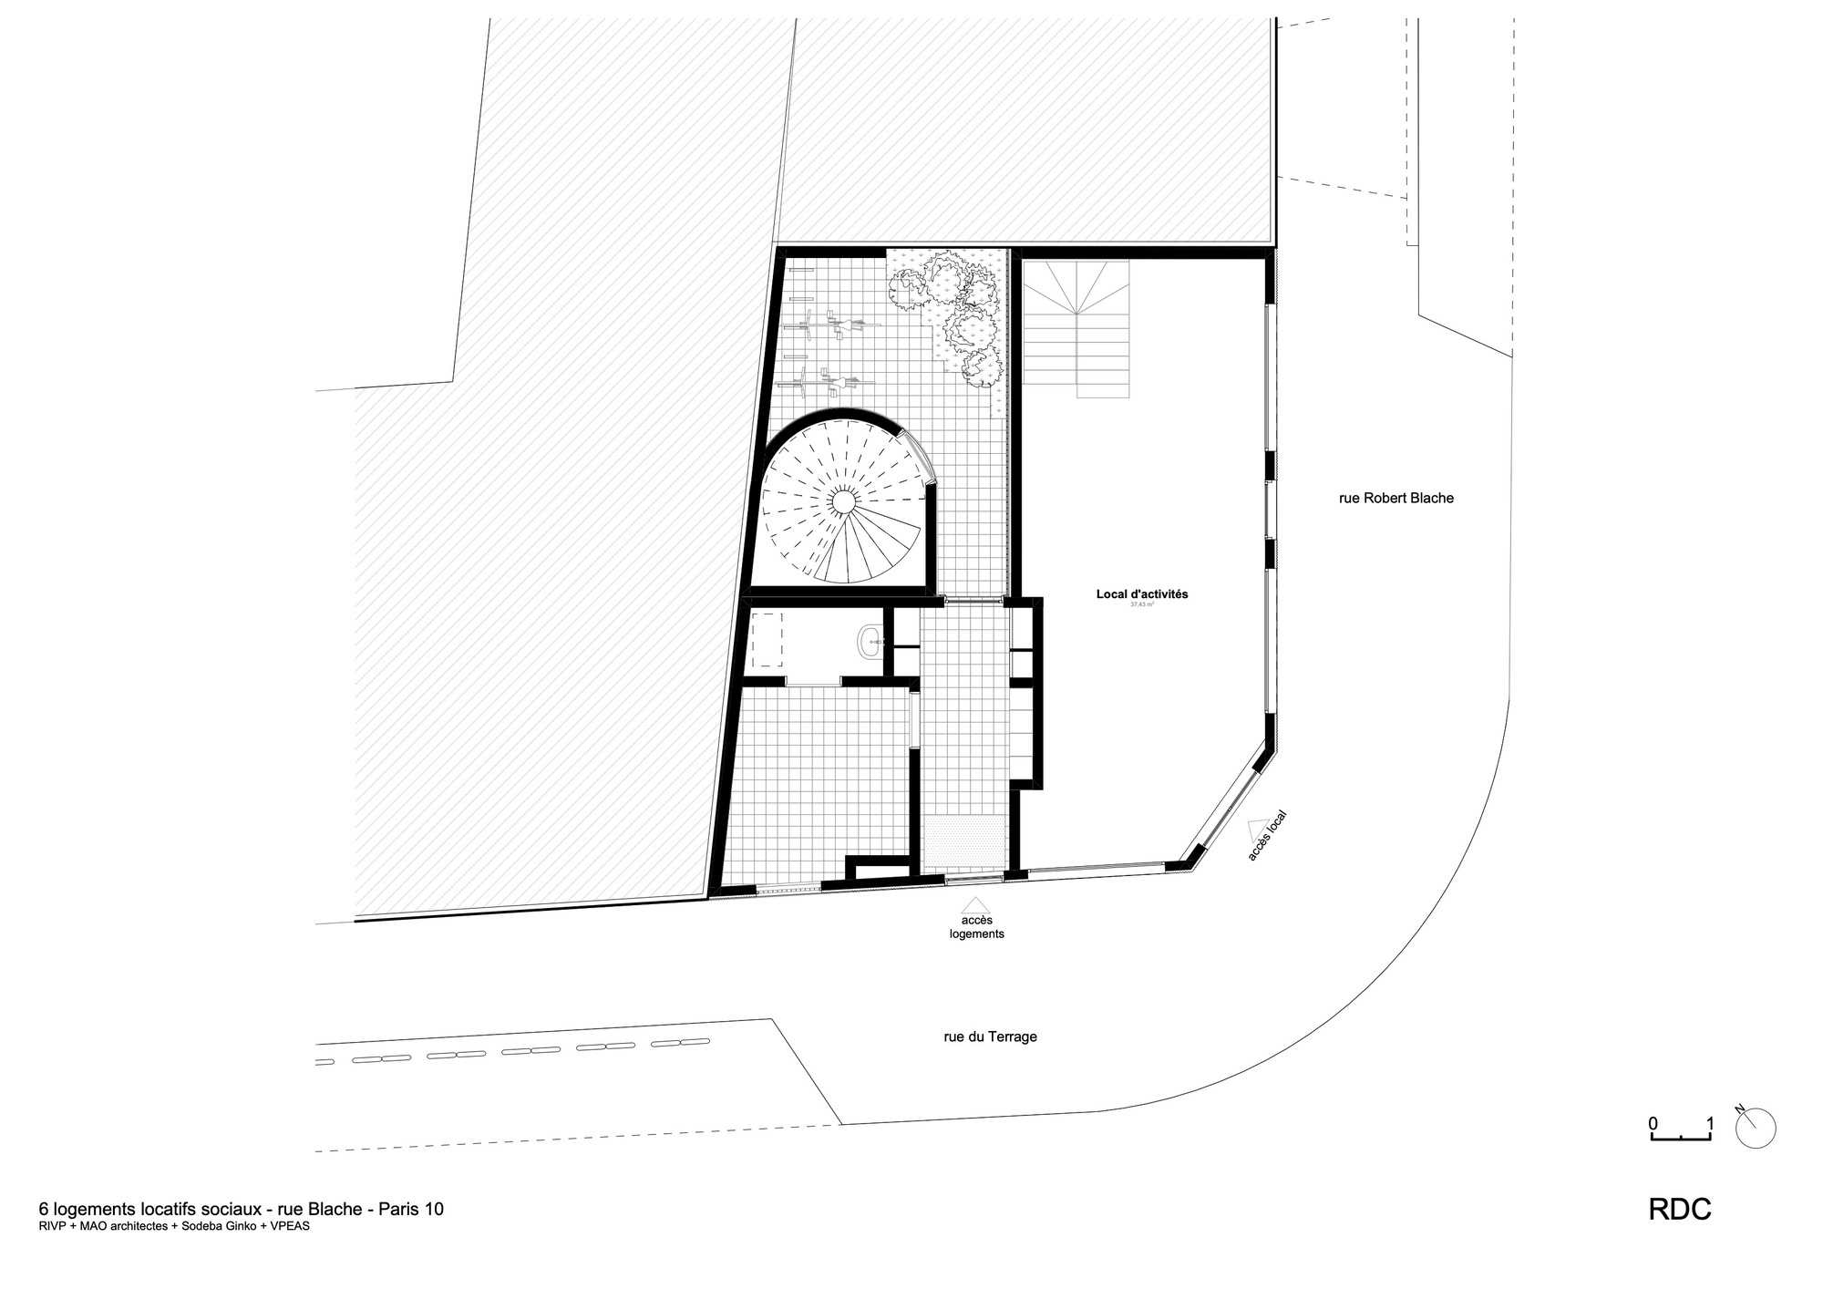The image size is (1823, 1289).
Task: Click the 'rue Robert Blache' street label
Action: coord(1396,499)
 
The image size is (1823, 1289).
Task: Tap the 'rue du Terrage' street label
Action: coord(990,1036)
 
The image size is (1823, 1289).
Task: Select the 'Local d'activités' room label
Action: coord(1141,594)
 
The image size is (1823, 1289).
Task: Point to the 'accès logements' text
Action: coord(976,927)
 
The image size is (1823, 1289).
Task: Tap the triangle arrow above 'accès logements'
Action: coord(976,904)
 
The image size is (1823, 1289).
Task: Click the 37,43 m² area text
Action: coord(1141,604)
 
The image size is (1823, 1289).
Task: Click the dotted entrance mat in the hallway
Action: coord(964,842)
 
